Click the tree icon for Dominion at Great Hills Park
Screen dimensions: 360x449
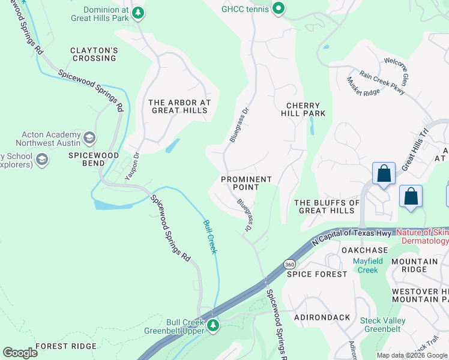point(138,12)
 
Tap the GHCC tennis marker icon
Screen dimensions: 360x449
point(278,9)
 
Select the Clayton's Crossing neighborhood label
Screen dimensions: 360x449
point(94,54)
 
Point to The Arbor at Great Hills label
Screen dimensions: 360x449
point(179,106)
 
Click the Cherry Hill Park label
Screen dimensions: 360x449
point(303,109)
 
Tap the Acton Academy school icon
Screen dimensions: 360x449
point(89,139)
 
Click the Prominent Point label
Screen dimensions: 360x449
point(246,183)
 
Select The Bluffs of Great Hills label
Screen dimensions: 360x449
point(327,206)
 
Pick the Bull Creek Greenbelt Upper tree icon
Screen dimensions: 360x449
point(212,325)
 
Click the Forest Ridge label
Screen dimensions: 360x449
point(65,346)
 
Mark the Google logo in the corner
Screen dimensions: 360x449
point(20,353)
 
